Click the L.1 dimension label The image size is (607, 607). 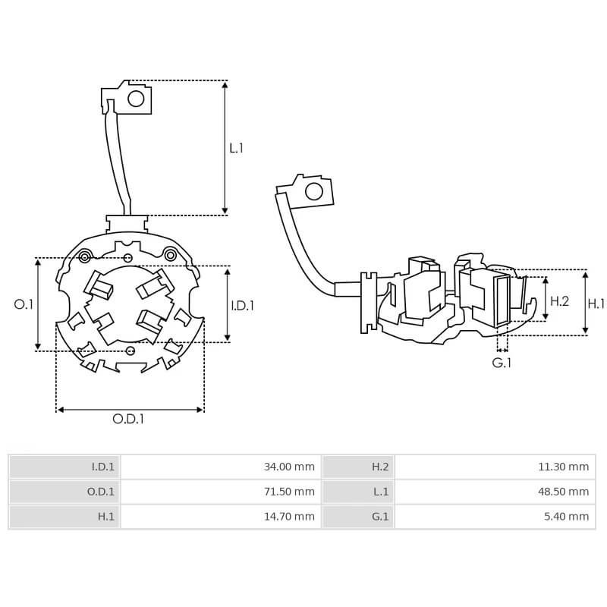point(237,148)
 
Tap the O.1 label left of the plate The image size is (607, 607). point(24,304)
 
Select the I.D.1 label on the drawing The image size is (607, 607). point(243,306)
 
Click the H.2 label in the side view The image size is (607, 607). point(559,301)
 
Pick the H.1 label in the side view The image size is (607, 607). point(596,303)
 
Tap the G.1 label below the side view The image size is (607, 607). point(502,363)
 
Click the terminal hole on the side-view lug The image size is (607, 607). point(313,190)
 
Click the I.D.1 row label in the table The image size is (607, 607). point(102,467)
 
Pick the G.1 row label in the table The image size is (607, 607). point(379,517)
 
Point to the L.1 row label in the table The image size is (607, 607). point(380,492)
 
